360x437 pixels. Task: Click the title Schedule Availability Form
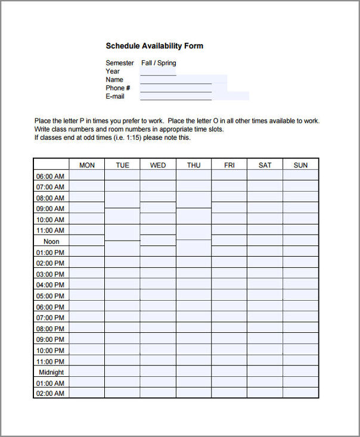pos(154,46)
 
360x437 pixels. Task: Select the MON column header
pos(87,165)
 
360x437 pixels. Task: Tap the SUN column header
pos(300,165)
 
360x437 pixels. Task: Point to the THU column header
pos(194,165)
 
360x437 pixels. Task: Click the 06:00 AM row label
pos(50,176)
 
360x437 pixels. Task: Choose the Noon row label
pos(51,242)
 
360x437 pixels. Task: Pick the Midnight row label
pos(51,372)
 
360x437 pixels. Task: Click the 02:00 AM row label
pos(50,394)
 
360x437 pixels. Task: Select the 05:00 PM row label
pos(50,296)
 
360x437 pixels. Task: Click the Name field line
pos(176,80)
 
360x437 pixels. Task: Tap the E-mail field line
pos(176,96)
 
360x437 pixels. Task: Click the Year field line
pos(158,71)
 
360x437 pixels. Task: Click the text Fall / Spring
pos(159,63)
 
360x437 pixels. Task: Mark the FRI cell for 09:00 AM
pos(229,208)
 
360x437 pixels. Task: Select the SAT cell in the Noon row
pos(265,241)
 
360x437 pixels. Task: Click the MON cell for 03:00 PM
pos(87,274)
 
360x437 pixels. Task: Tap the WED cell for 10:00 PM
pos(158,350)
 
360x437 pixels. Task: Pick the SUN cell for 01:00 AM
pos(300,383)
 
